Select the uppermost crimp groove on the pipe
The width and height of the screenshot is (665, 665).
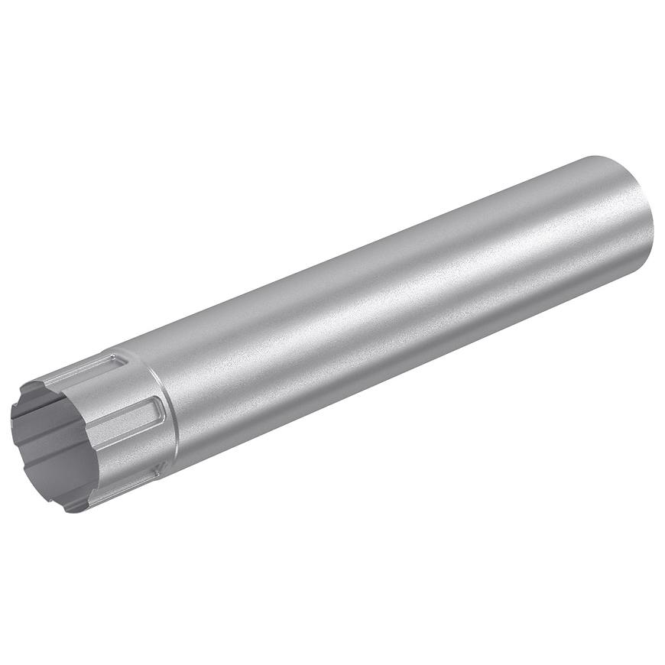click(x=88, y=368)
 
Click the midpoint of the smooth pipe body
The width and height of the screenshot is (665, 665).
click(x=397, y=306)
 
